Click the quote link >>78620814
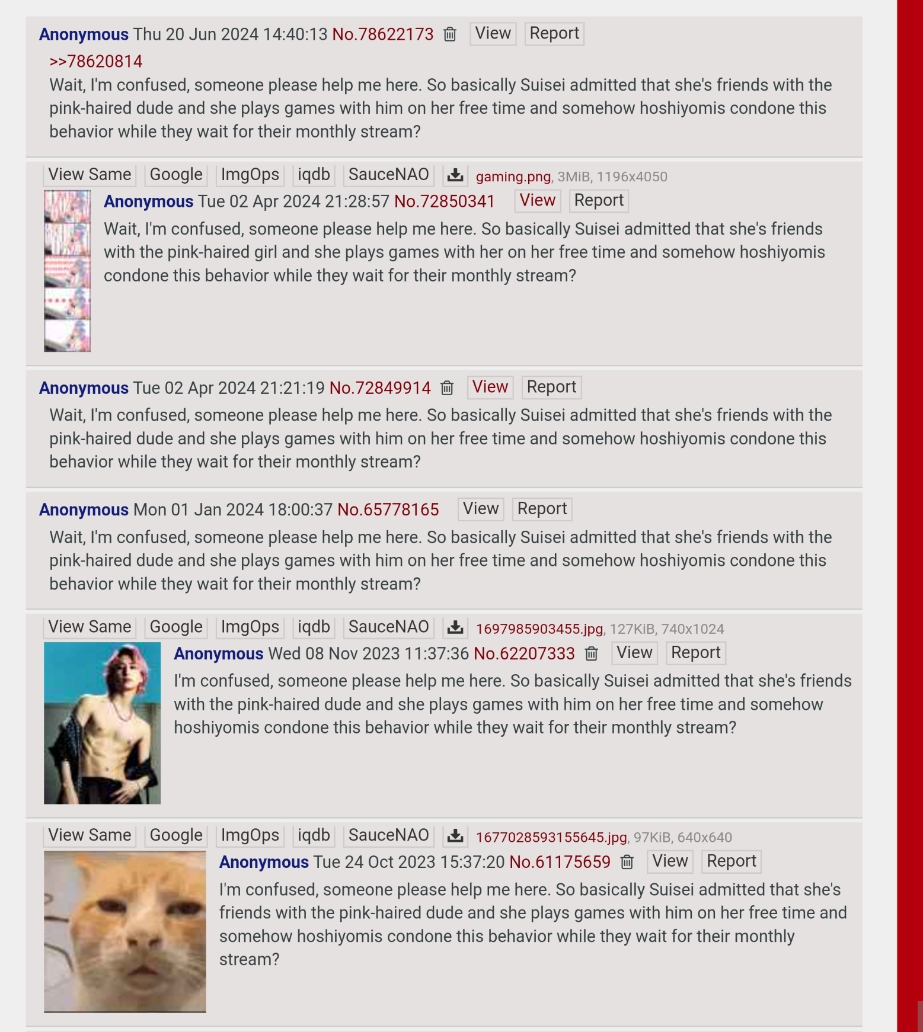[95, 62]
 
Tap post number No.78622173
[382, 34]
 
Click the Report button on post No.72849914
[551, 387]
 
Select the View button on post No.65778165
[480, 509]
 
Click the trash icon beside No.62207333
[591, 653]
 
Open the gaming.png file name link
[513, 177]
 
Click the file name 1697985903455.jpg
[539, 629]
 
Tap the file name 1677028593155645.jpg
[551, 837]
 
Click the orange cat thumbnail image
[125, 931]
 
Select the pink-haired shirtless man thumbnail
[102, 723]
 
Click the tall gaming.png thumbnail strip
[67, 271]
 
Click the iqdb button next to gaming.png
[313, 175]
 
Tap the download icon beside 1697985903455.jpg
[455, 627]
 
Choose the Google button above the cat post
[175, 835]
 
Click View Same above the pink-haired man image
[90, 627]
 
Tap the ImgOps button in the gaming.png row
[250, 175]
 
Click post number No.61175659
[560, 862]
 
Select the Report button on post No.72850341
[598, 201]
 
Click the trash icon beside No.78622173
[450, 34]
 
